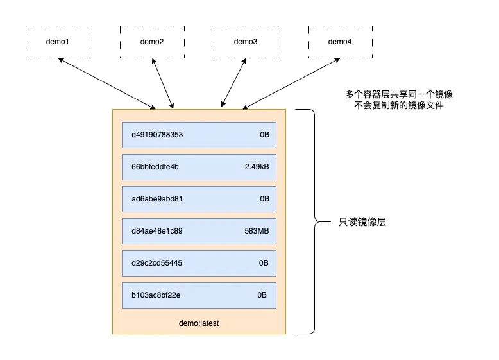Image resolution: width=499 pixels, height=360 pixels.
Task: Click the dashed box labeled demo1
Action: click(58, 42)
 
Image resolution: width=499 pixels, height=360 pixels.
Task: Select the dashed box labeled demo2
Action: click(151, 42)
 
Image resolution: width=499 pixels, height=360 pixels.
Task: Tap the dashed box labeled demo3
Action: click(245, 42)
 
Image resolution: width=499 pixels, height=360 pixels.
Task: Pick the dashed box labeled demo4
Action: click(339, 42)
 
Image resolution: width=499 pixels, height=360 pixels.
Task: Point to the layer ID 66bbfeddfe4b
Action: click(155, 167)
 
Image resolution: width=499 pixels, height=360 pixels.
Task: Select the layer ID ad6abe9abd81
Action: click(157, 199)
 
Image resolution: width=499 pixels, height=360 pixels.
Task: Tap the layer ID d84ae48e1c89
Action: click(157, 231)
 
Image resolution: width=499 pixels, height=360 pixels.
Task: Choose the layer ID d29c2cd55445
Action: click(157, 263)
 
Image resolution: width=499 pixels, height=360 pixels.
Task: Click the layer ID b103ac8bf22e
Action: click(156, 295)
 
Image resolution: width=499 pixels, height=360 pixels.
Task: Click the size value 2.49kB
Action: click(257, 167)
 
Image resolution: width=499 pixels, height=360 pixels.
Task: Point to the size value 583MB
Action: click(257, 231)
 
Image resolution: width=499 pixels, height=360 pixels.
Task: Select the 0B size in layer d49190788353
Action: click(264, 135)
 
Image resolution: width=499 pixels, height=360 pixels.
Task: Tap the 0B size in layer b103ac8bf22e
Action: click(262, 295)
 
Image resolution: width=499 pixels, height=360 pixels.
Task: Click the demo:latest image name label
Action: click(199, 323)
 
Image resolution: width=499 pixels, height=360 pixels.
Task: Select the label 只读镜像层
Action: click(362, 223)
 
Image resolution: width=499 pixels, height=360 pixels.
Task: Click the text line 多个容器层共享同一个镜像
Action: click(399, 94)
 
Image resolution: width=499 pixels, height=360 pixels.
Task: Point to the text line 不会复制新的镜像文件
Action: click(399, 106)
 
